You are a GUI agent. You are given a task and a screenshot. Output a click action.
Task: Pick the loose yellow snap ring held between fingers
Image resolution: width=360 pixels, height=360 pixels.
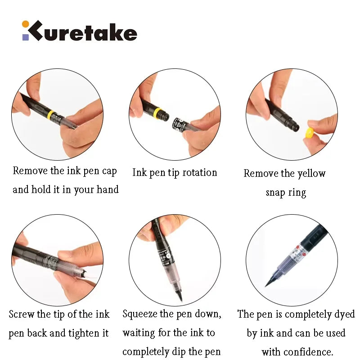(309, 133)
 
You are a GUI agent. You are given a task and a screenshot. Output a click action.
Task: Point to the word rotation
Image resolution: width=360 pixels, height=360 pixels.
(196, 172)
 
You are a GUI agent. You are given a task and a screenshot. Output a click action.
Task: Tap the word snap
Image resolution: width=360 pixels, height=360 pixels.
(275, 193)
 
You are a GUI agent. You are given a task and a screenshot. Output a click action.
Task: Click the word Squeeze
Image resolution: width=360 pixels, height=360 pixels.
(139, 314)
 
